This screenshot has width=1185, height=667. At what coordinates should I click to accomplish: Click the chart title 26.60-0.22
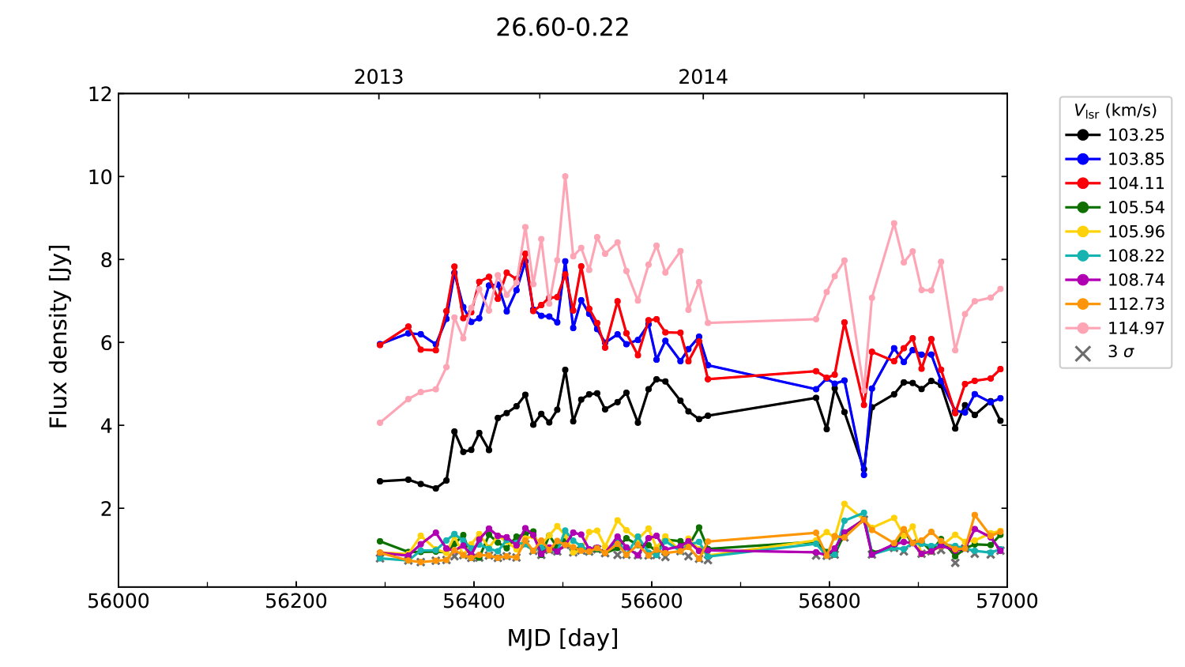pos(562,28)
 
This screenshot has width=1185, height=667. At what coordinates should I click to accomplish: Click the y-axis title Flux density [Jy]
pos(59,336)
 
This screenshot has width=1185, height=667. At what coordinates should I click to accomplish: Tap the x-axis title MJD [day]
pos(562,638)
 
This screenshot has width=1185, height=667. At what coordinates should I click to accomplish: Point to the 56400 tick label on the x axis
pos(474,601)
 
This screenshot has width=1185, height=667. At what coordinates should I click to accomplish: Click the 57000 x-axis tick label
pos(1006,601)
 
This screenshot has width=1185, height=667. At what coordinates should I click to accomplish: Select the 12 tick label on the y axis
pos(100,94)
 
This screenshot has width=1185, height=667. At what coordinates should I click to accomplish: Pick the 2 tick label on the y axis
pos(105,508)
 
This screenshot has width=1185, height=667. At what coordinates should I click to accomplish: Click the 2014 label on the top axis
pos(702,77)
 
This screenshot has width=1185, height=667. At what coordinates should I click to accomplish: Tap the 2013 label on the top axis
pos(378,77)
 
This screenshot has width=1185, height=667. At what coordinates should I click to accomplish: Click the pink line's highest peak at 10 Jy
pos(565,177)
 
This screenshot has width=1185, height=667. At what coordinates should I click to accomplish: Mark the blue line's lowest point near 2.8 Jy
pos(863,474)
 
